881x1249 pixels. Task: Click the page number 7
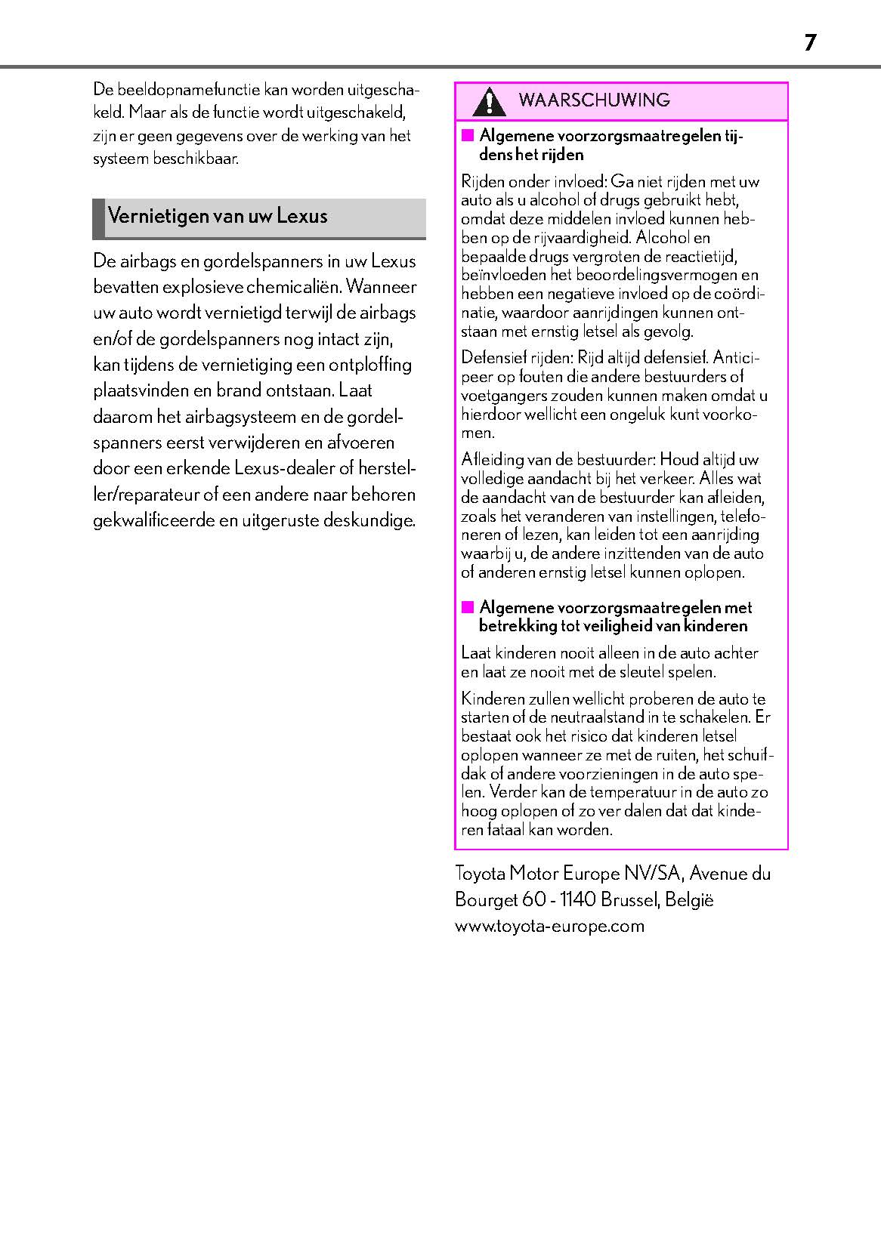810,43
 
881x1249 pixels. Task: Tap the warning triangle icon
490,101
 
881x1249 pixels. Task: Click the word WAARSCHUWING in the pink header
595,100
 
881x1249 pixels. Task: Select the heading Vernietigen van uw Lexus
218,216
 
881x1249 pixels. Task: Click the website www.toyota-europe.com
549,926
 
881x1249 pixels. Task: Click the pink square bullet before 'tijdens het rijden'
468,136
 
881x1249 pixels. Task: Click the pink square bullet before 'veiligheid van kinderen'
468,607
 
